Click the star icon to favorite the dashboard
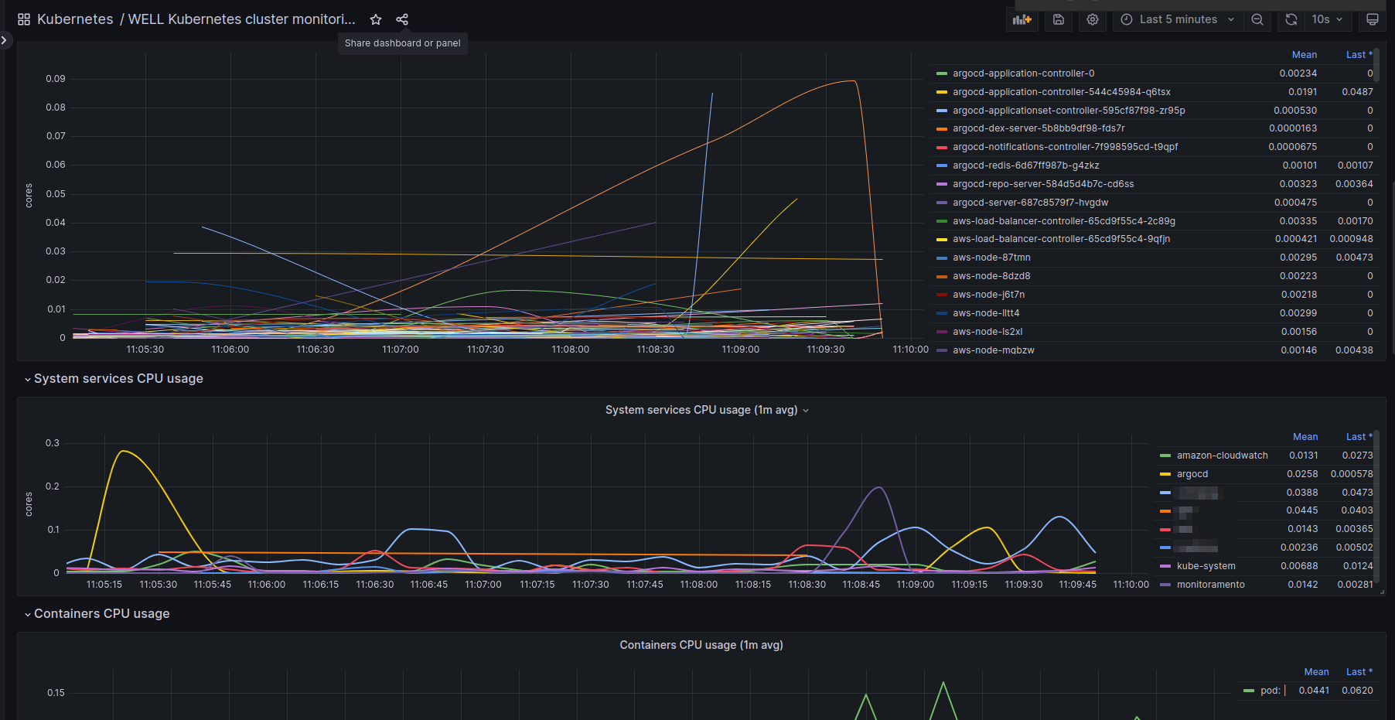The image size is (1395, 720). pos(376,19)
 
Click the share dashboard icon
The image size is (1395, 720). pos(402,19)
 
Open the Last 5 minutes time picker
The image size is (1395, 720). pos(1178,19)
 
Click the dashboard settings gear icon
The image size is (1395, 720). pos(1093,19)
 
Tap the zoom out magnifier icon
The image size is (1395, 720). pos(1257,19)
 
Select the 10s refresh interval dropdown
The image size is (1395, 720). pos(1327,19)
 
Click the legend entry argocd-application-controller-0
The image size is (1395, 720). pos(1023,73)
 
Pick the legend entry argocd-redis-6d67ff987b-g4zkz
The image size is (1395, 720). pos(1025,165)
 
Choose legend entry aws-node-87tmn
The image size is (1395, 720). pos(991,258)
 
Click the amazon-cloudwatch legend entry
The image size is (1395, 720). pos(1222,456)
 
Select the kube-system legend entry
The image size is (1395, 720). pos(1206,566)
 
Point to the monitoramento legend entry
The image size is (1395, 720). pos(1210,585)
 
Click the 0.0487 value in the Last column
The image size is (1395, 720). pos(1357,92)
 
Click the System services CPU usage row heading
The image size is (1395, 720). pos(118,378)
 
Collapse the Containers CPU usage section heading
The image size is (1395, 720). pos(101,613)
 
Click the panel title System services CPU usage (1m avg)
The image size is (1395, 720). pos(701,410)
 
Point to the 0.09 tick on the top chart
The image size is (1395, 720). pos(56,79)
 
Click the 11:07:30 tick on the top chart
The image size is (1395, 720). pos(485,350)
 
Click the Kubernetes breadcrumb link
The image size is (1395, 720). pos(75,19)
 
